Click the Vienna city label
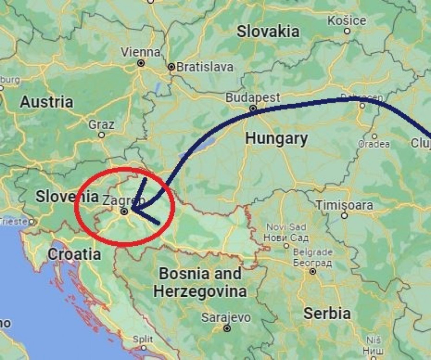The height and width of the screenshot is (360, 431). click(x=140, y=52)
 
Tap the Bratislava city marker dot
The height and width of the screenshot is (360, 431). click(x=171, y=67)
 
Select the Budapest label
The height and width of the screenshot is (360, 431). click(x=253, y=97)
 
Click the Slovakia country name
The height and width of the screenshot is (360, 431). click(x=268, y=32)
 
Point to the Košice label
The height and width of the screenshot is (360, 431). click(x=347, y=21)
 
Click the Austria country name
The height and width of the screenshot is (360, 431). click(x=46, y=102)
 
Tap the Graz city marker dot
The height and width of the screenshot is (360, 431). click(x=102, y=135)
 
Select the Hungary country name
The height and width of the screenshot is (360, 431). click(x=276, y=139)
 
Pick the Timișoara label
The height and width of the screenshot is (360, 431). click(x=344, y=205)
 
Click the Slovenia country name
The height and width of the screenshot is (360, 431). click(x=66, y=196)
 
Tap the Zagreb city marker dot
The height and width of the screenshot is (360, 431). click(x=124, y=211)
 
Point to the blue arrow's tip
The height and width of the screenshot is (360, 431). click(x=132, y=209)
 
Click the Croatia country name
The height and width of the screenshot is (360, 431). click(x=74, y=254)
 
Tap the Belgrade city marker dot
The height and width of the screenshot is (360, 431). click(x=313, y=271)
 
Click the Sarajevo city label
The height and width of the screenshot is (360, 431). click(x=226, y=317)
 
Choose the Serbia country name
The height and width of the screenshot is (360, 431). click(x=327, y=314)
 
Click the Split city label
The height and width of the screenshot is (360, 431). click(x=143, y=339)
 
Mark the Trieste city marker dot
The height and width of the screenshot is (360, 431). click(x=32, y=222)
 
